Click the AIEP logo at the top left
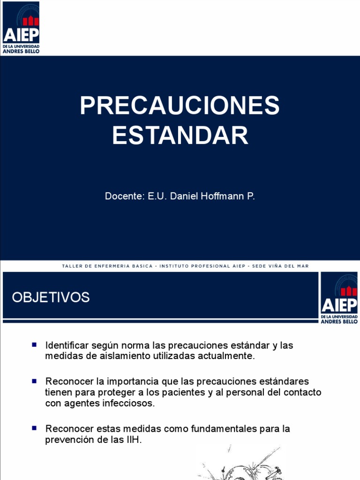[x=21, y=27]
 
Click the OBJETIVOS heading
[x=51, y=297]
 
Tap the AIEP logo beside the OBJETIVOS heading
[x=339, y=297]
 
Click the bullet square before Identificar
[x=35, y=345]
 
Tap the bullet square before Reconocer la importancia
[x=35, y=380]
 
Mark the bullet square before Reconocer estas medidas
[x=35, y=428]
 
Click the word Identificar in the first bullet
[x=67, y=345]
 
